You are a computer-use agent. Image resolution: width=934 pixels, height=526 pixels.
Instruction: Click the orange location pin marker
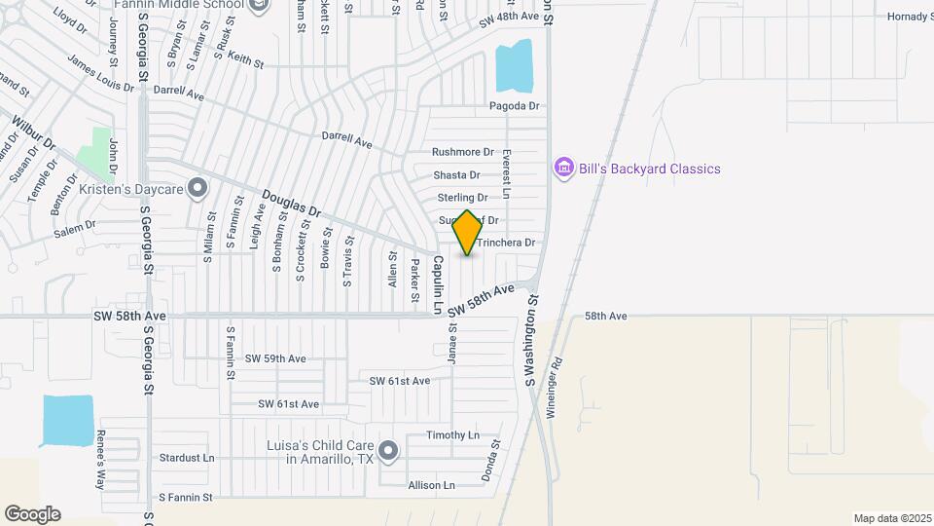(467, 233)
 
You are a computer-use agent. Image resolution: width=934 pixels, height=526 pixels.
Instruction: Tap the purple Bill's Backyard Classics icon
(563, 169)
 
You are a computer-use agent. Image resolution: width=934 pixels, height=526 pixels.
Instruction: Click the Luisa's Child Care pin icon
(388, 450)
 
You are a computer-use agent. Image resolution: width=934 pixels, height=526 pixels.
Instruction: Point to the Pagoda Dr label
(514, 106)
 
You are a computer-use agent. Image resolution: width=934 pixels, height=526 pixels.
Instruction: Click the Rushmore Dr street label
(463, 152)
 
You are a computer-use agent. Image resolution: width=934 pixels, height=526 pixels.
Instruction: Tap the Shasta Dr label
(456, 175)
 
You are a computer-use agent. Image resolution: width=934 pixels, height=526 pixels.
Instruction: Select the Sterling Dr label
(462, 198)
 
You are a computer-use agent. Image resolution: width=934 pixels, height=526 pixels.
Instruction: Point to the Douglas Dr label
(291, 202)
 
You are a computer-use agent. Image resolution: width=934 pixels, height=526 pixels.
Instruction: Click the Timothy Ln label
(453, 435)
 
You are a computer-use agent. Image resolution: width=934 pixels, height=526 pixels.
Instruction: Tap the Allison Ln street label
(431, 485)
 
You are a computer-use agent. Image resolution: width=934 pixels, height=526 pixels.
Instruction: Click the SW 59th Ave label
(275, 358)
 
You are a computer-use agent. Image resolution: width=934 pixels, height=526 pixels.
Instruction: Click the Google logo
(32, 514)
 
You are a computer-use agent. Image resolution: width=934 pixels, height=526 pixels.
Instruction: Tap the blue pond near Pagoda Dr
(514, 67)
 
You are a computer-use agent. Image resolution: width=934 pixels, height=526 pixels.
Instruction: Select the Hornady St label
(909, 17)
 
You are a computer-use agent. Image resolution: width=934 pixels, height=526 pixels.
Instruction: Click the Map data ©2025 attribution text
(891, 518)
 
